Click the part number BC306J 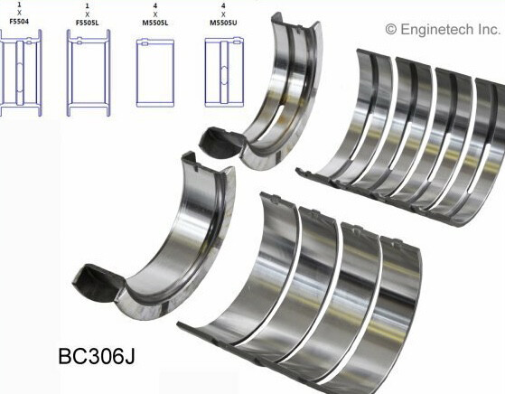(97, 356)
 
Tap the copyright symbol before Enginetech (391, 30)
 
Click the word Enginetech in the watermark (437, 30)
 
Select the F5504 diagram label (19, 22)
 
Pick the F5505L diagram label (88, 23)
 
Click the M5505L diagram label (155, 23)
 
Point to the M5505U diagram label (223, 23)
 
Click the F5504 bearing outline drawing (20, 72)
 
